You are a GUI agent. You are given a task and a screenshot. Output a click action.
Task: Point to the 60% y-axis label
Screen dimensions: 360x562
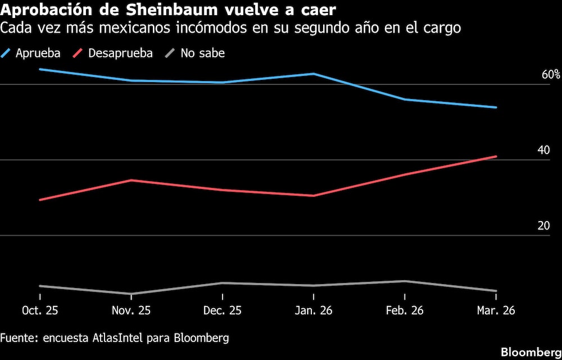click(551, 75)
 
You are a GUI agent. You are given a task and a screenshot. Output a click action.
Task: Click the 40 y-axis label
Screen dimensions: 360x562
click(543, 150)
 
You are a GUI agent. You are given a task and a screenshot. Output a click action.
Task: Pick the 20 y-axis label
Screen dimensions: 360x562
click(543, 226)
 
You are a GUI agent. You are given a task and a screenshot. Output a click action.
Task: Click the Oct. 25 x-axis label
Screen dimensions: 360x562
click(40, 310)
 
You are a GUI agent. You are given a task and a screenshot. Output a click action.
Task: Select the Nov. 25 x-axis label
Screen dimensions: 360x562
click(131, 310)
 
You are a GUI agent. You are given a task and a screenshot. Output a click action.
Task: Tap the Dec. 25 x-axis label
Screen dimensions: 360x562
click(223, 310)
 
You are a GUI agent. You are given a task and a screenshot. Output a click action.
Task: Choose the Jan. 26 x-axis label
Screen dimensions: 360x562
click(314, 310)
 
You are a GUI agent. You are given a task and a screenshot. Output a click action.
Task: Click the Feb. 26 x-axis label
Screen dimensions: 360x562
click(405, 310)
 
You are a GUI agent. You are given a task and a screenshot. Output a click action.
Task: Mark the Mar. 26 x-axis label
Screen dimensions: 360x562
click(496, 310)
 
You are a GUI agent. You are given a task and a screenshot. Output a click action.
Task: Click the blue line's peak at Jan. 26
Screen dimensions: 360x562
click(314, 74)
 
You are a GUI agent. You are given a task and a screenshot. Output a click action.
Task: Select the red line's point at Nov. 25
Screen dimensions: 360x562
click(131, 180)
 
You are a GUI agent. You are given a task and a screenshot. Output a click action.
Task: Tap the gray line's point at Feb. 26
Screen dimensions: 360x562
click(405, 281)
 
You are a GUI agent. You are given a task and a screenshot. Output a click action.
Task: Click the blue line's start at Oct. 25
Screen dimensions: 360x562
click(40, 69)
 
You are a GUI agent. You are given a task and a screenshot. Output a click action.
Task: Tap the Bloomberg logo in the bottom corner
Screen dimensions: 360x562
click(531, 352)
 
